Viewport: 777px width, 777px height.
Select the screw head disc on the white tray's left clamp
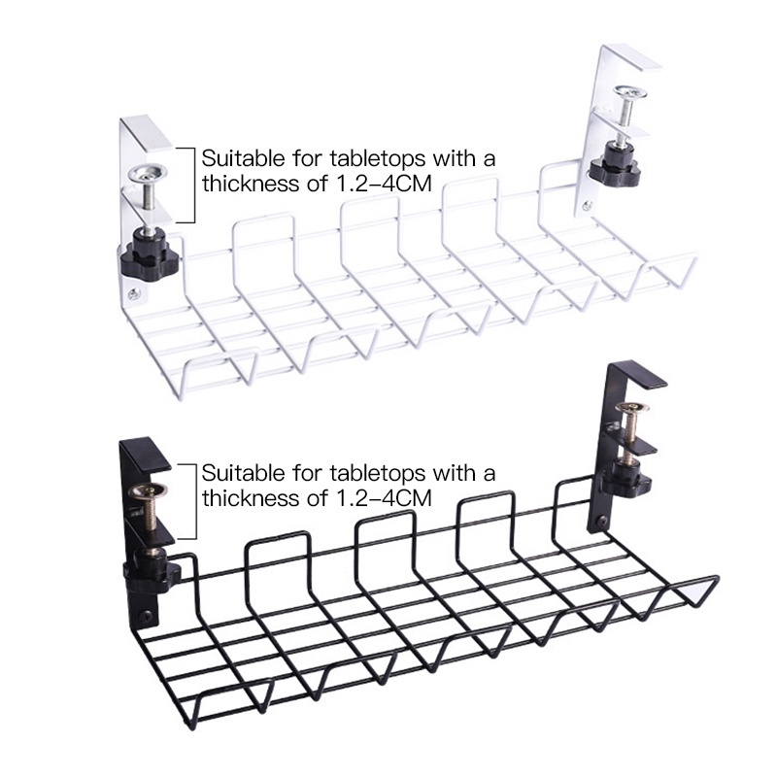(x=148, y=174)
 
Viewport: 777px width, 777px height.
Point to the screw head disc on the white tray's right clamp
(x=630, y=91)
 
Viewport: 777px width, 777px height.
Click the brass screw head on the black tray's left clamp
(x=148, y=491)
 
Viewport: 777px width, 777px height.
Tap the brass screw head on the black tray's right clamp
(x=632, y=408)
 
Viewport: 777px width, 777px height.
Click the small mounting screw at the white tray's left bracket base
(x=134, y=295)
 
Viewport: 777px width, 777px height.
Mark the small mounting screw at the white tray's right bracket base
(x=587, y=205)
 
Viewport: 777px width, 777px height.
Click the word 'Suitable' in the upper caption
(x=244, y=158)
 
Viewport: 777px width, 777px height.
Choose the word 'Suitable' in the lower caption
(x=244, y=473)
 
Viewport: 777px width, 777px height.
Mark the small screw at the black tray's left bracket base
(x=147, y=615)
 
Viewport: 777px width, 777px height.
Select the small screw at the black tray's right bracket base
(x=603, y=521)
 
